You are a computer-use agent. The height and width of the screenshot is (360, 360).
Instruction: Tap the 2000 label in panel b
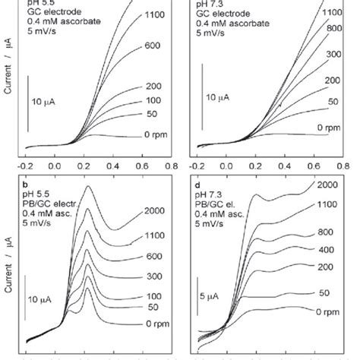point(153,210)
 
